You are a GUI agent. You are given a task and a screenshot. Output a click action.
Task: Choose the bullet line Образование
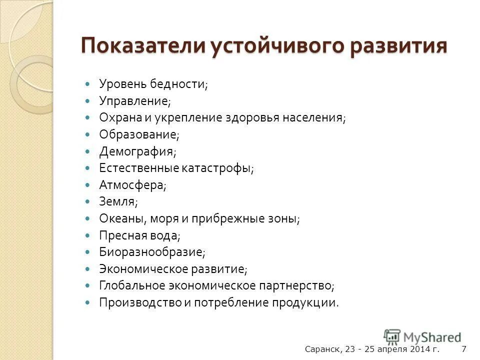click(138, 134)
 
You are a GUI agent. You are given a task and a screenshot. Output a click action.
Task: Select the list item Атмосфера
click(132, 185)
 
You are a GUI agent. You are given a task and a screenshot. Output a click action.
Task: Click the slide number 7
click(463, 349)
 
